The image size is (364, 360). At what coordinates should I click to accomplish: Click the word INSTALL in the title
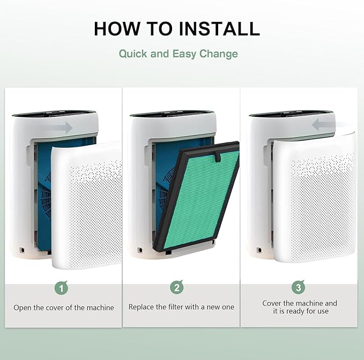coord(219,28)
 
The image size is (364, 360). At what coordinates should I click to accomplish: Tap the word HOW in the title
coord(117,28)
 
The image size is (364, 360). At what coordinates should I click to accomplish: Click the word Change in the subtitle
coord(218,54)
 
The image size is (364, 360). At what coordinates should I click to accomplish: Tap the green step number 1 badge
coord(61,288)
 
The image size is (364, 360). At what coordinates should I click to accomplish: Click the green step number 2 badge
coord(177,287)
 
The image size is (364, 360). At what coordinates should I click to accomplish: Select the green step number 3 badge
coord(298,287)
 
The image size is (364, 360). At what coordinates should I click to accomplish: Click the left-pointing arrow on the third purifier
coord(322,125)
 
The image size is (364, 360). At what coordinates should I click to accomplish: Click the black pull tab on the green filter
coord(218,156)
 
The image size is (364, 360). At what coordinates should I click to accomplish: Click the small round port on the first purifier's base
coord(22,250)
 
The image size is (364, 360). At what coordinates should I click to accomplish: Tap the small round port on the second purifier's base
coord(140,250)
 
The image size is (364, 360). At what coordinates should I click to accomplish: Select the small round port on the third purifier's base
coord(259,250)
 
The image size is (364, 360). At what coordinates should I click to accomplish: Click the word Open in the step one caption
coord(23,308)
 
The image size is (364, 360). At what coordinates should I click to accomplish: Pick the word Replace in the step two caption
coord(141,307)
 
